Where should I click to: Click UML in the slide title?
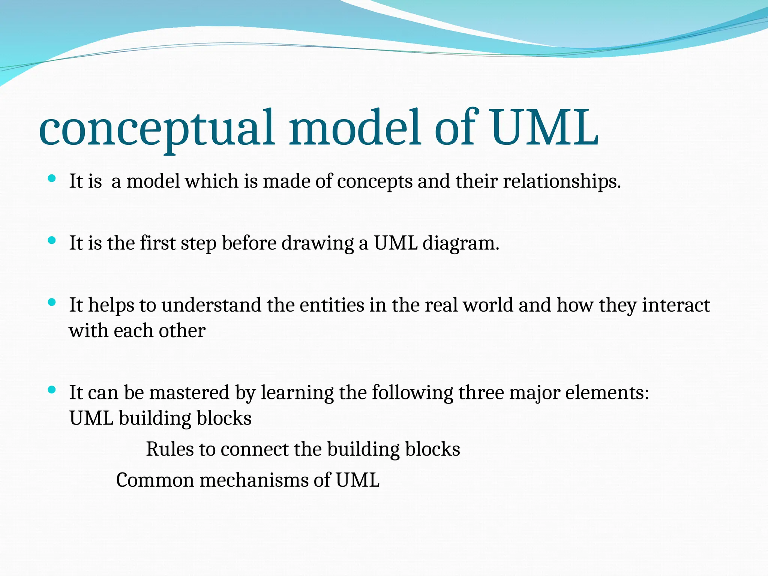(544, 127)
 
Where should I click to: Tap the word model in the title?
(354, 127)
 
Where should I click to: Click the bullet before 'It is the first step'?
(52, 240)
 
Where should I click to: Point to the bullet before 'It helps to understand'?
(52, 302)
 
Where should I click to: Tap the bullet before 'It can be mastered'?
(52, 390)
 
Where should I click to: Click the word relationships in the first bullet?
(561, 181)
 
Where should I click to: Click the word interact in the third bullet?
(676, 305)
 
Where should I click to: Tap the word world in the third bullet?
(487, 305)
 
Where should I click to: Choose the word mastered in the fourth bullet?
(189, 393)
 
